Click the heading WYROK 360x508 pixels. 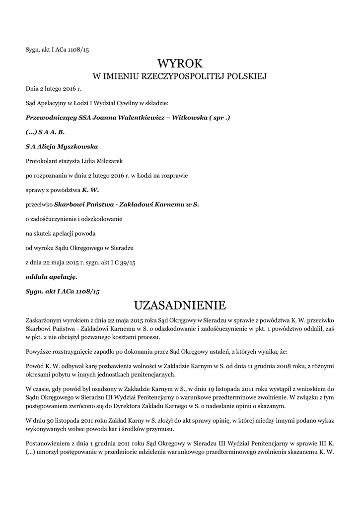(x=180, y=63)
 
